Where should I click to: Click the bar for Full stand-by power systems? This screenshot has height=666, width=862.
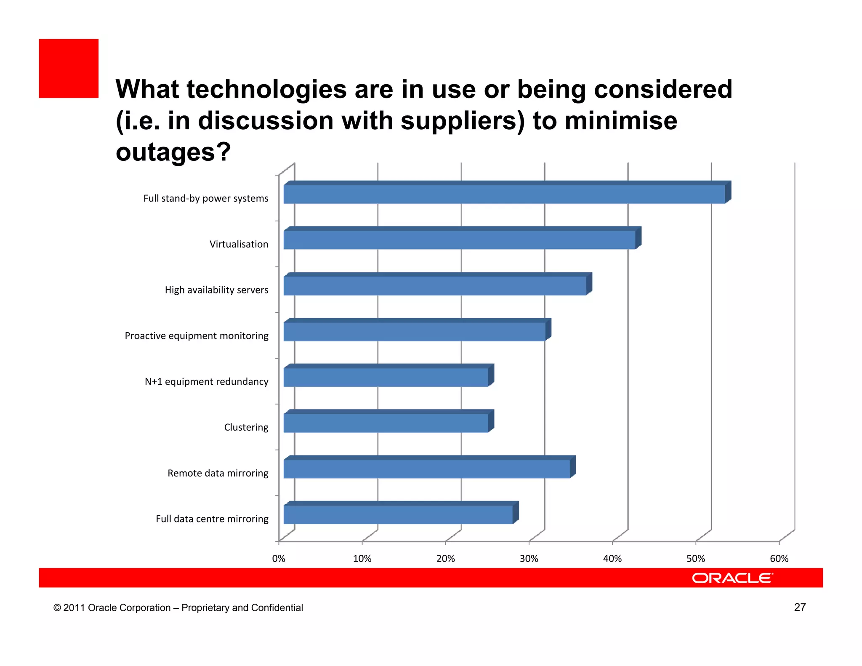click(504, 194)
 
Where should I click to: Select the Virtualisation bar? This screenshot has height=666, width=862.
click(460, 240)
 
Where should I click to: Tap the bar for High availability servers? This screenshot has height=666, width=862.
click(435, 286)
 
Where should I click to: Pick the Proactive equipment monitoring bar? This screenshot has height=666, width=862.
click(415, 332)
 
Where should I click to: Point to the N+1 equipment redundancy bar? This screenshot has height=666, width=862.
click(386, 377)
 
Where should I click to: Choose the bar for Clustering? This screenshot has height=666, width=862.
click(386, 423)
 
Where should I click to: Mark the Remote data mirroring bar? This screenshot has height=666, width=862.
click(427, 469)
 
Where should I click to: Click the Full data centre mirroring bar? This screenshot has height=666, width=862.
click(398, 514)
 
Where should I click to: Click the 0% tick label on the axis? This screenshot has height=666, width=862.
click(279, 559)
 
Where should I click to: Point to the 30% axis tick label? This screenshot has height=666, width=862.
click(529, 559)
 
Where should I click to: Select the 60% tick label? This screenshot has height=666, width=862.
click(779, 559)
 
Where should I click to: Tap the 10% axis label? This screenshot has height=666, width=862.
click(362, 559)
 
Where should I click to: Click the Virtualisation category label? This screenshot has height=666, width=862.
click(239, 244)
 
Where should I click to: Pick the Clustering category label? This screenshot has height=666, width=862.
click(246, 427)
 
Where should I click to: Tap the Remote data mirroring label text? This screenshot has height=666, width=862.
click(218, 473)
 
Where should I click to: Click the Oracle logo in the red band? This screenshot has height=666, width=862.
click(732, 578)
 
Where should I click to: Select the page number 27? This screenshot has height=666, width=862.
click(800, 607)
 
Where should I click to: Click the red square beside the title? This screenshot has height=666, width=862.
click(69, 69)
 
